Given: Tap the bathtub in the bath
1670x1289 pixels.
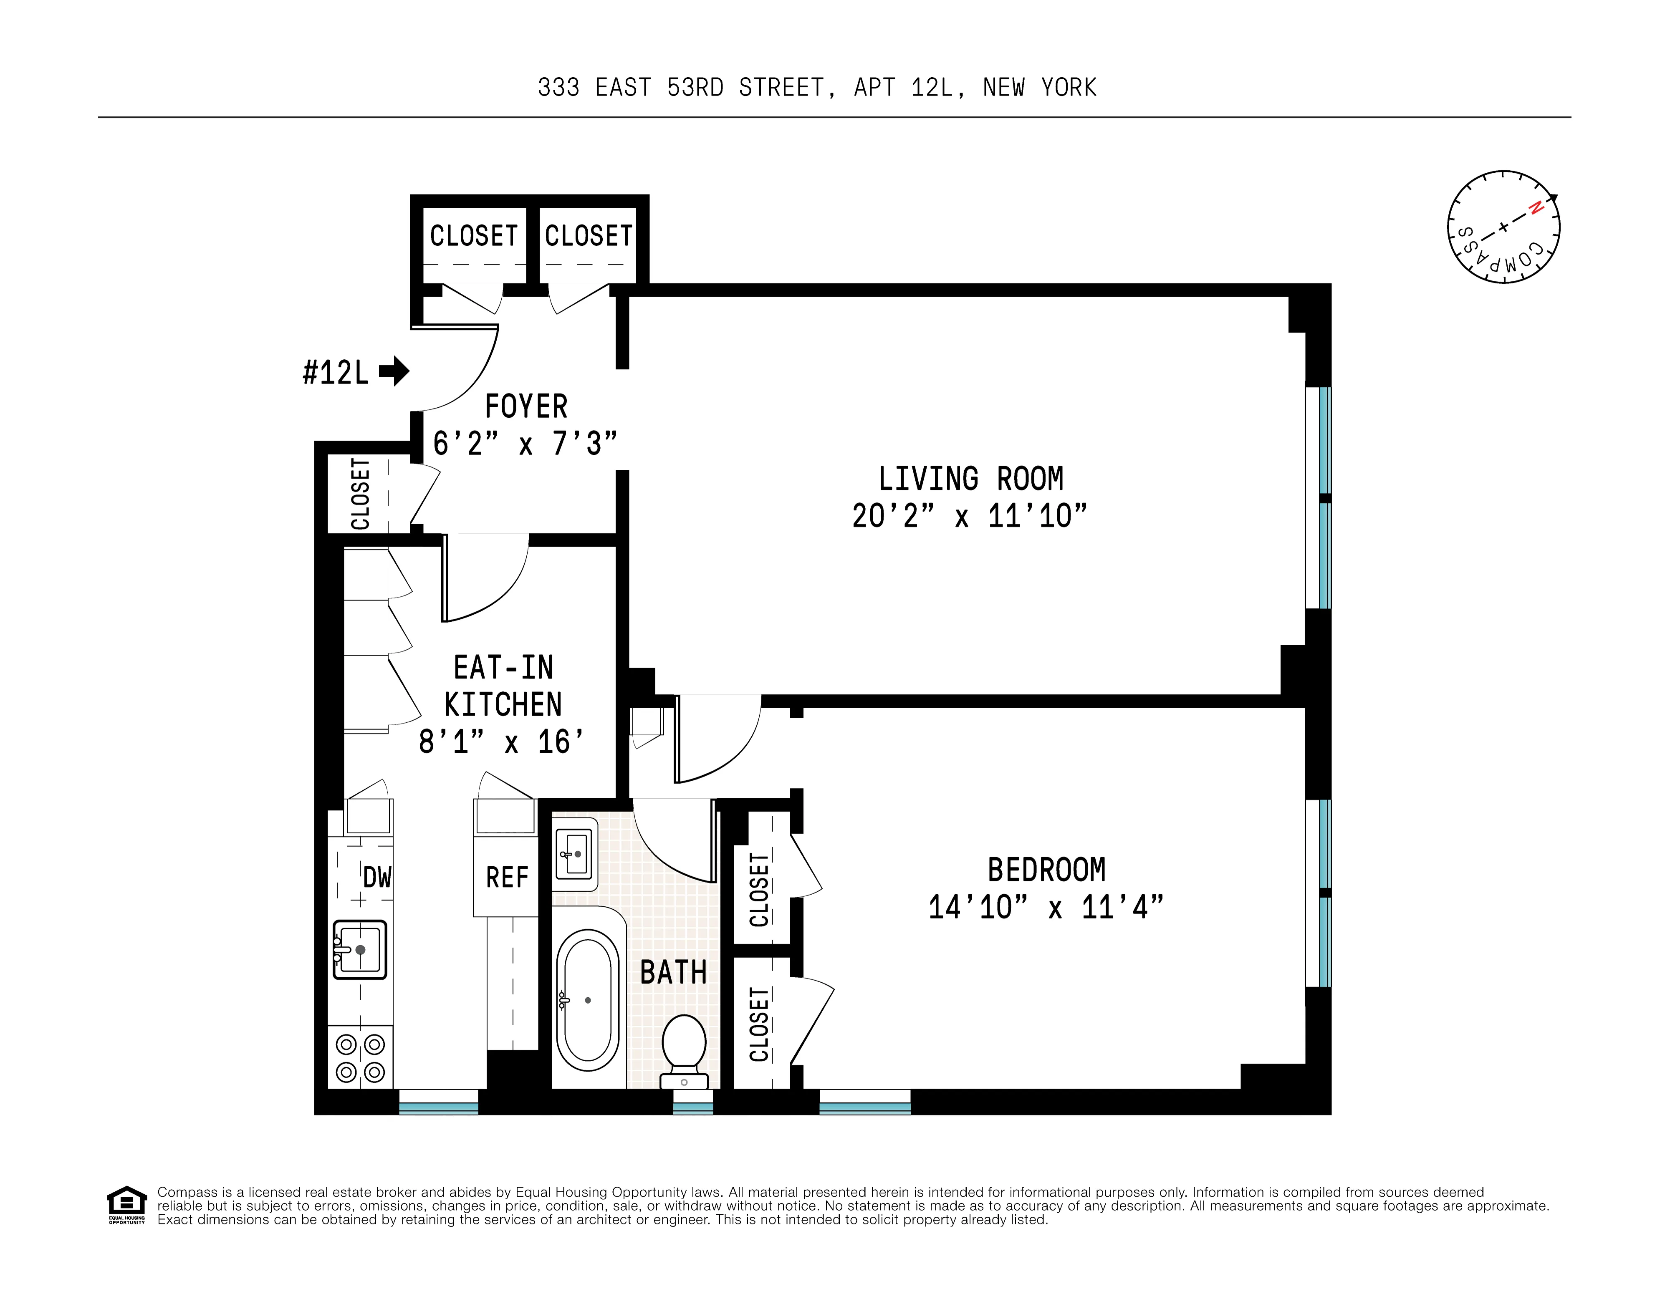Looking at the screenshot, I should (587, 1000).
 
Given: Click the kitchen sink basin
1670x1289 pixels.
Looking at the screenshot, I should (360, 950).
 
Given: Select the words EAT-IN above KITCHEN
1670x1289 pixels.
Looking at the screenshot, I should (503, 667).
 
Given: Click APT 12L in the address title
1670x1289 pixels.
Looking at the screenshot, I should (903, 88).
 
